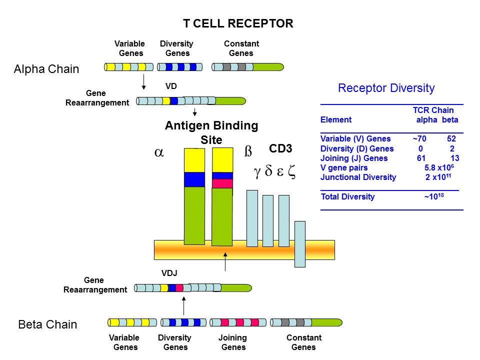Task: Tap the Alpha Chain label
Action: click(x=46, y=69)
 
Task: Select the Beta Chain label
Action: click(x=47, y=324)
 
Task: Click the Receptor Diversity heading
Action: click(x=386, y=88)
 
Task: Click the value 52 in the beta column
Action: click(x=451, y=139)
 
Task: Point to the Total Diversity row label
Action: click(x=347, y=196)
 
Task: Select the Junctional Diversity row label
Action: click(x=358, y=177)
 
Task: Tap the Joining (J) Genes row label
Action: click(x=354, y=158)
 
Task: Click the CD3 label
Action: click(x=280, y=148)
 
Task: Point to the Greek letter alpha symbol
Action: click(x=159, y=153)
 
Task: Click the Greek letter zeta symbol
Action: click(x=292, y=172)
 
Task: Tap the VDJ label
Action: click(x=169, y=273)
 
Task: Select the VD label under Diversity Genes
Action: click(x=171, y=86)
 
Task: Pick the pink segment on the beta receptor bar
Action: click(x=222, y=183)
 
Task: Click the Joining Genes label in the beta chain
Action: click(x=232, y=342)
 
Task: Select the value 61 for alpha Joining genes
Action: click(x=420, y=158)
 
